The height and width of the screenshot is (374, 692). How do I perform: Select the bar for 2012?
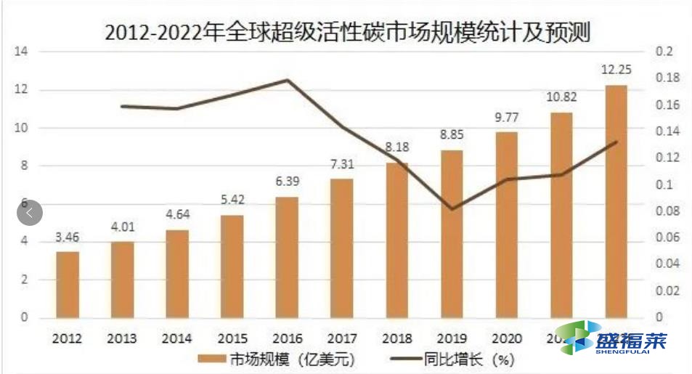68,284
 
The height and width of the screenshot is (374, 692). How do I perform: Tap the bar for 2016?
287,257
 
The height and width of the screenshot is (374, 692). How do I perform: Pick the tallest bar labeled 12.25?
616,201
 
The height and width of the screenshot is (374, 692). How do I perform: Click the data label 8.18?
397,147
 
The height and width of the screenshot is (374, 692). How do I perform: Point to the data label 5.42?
232,200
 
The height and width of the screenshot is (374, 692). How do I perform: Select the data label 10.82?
561,97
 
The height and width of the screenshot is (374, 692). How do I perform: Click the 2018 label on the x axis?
396,338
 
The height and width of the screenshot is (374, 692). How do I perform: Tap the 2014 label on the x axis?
177,338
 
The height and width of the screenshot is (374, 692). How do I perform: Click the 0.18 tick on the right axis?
667,78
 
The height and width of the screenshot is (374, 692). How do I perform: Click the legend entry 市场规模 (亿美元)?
276,359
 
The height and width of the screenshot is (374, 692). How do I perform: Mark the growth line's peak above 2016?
288,80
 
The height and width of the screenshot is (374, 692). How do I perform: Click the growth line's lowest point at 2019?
452,209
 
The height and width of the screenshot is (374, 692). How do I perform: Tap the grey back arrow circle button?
30,213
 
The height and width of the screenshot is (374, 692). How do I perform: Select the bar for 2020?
507,224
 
